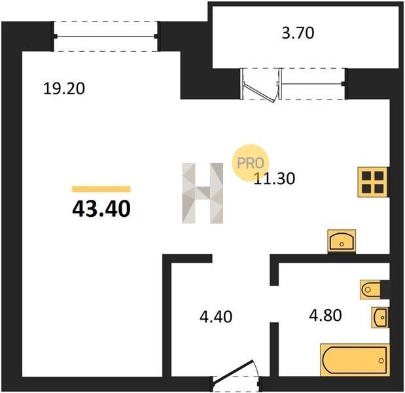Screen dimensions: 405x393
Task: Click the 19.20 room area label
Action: (64, 88)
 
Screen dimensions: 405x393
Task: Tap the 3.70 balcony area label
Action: (298, 33)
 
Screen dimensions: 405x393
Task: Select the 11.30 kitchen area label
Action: (274, 179)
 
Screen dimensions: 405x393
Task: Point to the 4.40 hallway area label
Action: (216, 316)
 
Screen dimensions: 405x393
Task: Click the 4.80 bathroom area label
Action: (325, 315)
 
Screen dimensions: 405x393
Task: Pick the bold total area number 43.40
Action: (101, 209)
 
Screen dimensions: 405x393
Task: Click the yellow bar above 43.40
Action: (101, 189)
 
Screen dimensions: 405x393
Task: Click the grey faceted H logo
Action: (203, 193)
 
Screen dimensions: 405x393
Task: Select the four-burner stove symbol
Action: (372, 182)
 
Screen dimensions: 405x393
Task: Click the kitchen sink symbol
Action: (342, 241)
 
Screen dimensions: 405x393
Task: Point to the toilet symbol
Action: (370, 290)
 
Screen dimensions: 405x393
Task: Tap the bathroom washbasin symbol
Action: (380, 318)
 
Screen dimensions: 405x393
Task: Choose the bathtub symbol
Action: (355, 360)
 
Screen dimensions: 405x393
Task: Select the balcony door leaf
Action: (259, 92)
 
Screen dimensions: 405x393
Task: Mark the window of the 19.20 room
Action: (105, 36)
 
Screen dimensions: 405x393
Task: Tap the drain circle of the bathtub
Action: (381, 360)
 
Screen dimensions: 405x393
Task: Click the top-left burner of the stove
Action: (366, 176)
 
